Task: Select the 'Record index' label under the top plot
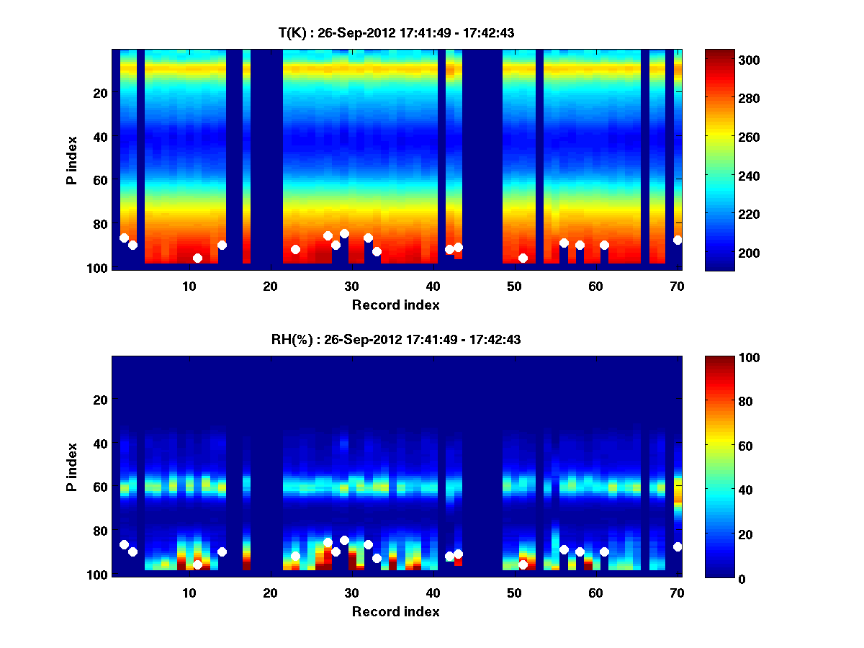point(395,305)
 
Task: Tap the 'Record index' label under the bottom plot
point(395,612)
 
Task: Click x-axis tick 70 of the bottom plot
point(677,593)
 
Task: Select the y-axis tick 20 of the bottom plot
point(100,400)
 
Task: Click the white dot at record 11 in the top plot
point(197,258)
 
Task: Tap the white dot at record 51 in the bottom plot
point(523,564)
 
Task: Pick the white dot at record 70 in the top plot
point(678,240)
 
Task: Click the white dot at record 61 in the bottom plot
point(604,552)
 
